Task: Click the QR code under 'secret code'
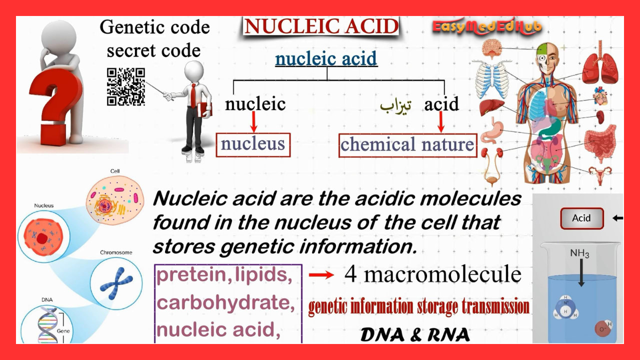[125, 87]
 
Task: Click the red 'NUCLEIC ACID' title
[321, 26]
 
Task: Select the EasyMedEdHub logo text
[487, 27]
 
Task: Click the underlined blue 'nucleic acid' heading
[326, 59]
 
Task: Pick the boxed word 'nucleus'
[253, 144]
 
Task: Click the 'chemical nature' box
[407, 145]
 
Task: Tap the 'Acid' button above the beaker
[581, 218]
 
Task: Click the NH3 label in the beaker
[580, 254]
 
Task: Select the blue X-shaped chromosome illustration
[116, 280]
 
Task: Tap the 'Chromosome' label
[116, 252]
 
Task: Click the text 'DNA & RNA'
[415, 335]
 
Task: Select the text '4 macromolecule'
[432, 274]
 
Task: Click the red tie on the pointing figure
[193, 94]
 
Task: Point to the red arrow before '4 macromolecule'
[321, 274]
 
